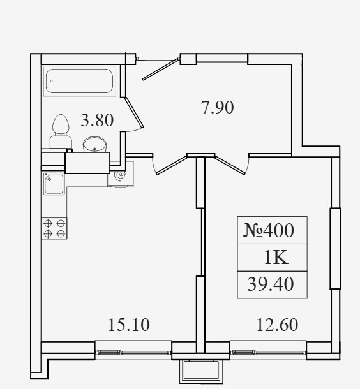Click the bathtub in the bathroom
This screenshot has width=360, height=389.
79,81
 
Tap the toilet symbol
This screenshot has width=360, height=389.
61,131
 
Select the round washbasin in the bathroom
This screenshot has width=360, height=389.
95,144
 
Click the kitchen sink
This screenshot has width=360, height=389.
54,184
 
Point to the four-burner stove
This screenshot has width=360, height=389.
54,228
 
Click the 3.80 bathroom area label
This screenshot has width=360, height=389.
97,120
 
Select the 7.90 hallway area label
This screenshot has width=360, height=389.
217,107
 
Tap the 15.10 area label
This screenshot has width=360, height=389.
129,325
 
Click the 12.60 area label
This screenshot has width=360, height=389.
277,325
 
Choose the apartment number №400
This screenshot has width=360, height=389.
269,230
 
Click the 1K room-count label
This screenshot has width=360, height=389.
276,258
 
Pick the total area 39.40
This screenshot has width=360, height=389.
271,284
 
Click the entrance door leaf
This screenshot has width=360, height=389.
161,69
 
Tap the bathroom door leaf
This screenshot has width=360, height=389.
134,112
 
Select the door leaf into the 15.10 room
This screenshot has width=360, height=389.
172,165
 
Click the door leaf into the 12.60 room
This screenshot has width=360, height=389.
230,165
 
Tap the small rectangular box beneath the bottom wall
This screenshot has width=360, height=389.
201,371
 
